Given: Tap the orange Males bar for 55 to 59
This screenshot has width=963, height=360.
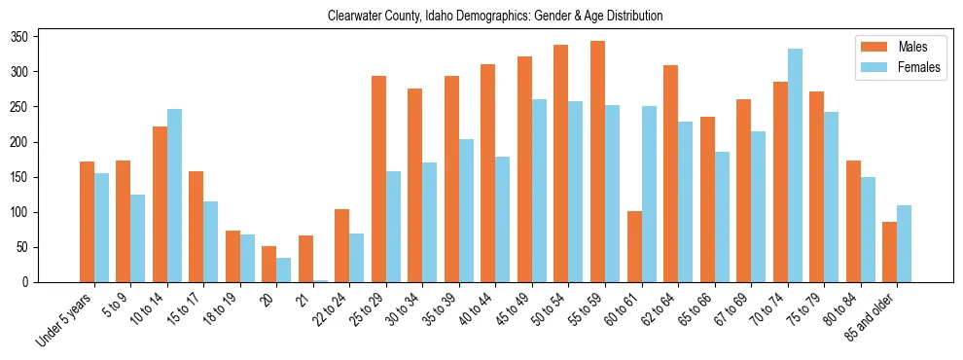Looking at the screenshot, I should (x=597, y=162).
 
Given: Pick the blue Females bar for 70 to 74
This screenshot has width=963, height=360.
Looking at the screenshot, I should (x=795, y=165).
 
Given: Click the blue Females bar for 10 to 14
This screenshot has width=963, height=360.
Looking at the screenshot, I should (x=175, y=196).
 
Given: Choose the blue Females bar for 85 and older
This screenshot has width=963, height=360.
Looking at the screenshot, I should (x=904, y=243).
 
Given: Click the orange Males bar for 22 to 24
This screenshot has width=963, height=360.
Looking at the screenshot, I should (x=341, y=245).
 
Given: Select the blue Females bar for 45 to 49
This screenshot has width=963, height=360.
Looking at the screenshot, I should (x=539, y=191).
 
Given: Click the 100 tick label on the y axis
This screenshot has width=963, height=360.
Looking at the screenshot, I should (x=26, y=212).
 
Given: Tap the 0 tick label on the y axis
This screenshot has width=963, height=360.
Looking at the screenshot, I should (x=31, y=282).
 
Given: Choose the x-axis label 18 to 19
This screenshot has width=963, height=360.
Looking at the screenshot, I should (x=223, y=309).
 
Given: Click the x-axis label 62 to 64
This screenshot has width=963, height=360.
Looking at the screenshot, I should (x=661, y=309).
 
